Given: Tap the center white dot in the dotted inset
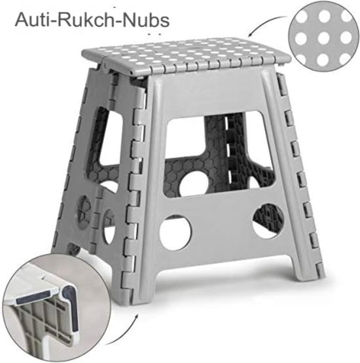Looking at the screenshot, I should pos(321,38).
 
